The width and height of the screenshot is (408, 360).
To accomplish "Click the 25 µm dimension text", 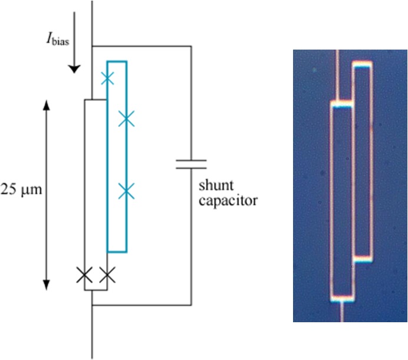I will point(23,192).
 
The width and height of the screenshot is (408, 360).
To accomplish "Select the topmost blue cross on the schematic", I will point(107,78).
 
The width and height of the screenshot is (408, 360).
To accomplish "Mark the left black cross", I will point(85,274).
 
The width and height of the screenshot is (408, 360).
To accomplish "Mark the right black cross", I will point(107,274).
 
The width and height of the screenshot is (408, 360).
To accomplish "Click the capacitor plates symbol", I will point(191,163).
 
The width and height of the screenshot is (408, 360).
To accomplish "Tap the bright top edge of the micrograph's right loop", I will point(363,64).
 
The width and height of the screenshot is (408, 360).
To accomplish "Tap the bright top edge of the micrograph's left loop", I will point(341,104).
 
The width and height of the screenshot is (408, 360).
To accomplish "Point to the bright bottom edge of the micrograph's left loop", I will point(341,298).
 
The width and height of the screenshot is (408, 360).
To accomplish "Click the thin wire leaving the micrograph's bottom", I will point(341,312).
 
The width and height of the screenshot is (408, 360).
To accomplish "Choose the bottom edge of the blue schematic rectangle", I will point(117,251).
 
